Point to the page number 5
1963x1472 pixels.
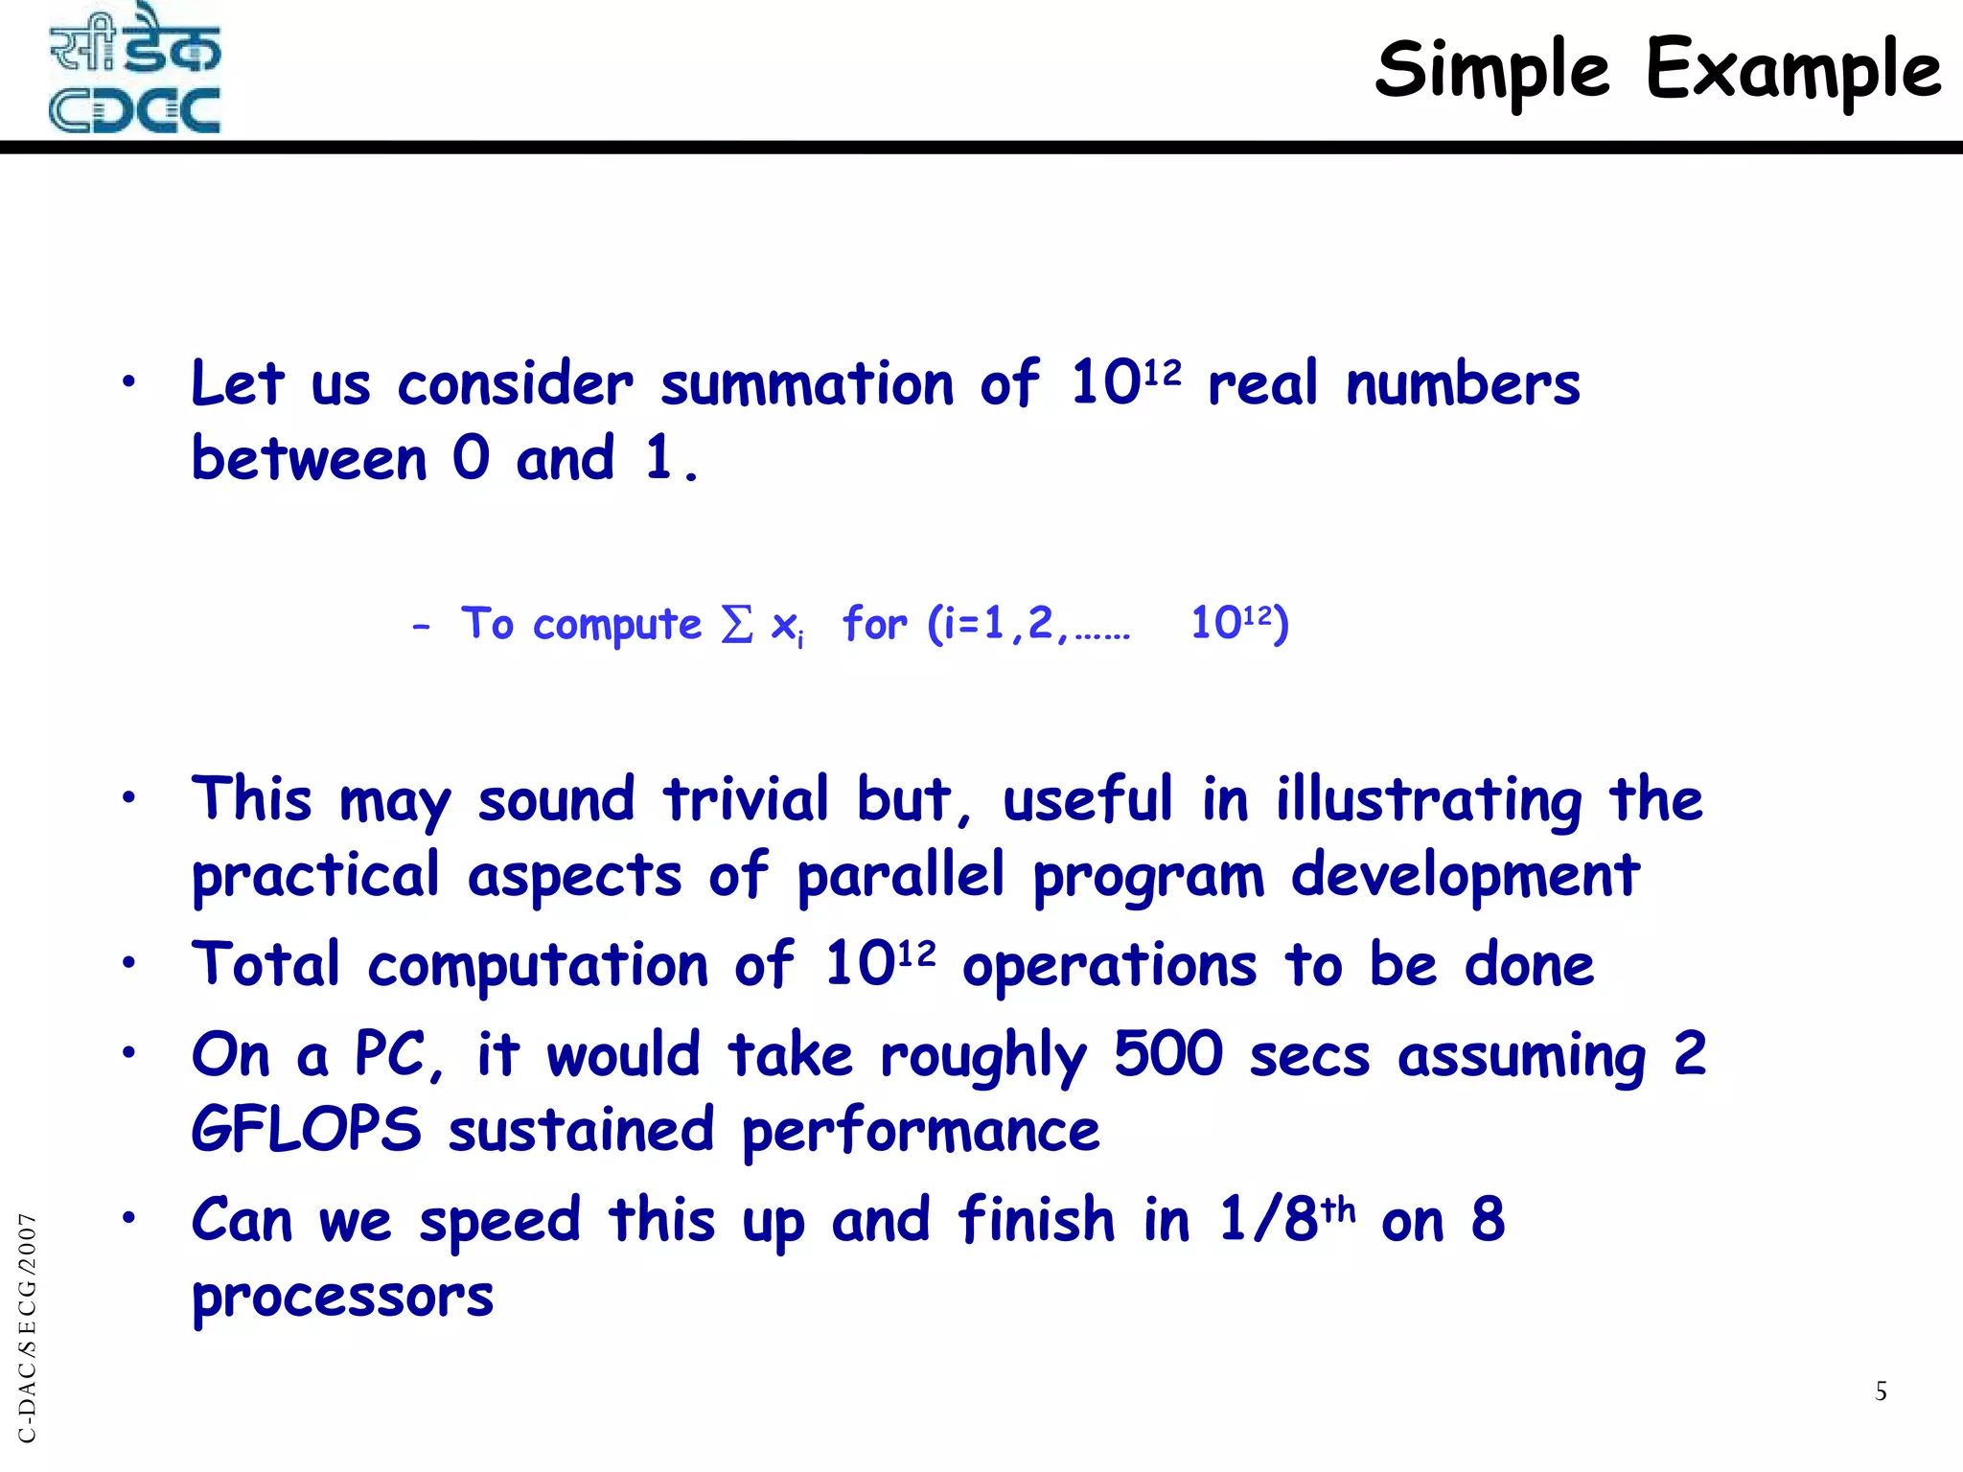[x=1881, y=1391]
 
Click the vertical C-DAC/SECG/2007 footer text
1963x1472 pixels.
[x=27, y=1327]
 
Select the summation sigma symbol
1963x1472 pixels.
[x=736, y=625]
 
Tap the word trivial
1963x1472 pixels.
[x=746, y=799]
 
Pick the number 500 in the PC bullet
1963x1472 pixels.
[x=1168, y=1054]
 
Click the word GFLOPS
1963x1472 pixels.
[x=306, y=1130]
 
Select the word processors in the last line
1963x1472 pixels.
[x=342, y=1298]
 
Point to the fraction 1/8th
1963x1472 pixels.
[x=1287, y=1219]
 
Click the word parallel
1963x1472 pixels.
[x=901, y=876]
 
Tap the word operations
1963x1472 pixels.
[x=1109, y=965]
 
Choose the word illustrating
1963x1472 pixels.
[x=1429, y=799]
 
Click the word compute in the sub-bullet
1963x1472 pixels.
[x=617, y=625]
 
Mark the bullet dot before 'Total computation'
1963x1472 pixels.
[x=128, y=963]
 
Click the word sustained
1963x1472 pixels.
[x=582, y=1130]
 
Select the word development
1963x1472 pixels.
[x=1465, y=876]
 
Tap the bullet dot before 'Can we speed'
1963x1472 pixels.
[x=128, y=1218]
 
